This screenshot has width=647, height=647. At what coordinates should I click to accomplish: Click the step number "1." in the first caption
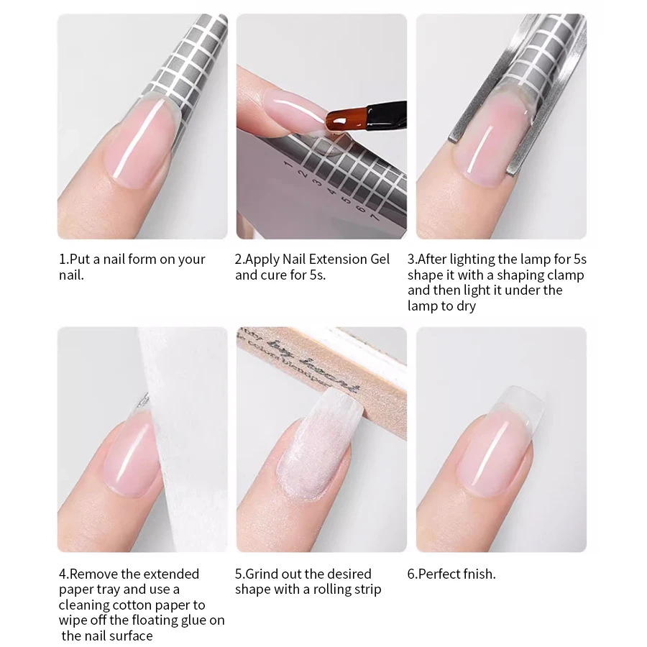tap(63, 260)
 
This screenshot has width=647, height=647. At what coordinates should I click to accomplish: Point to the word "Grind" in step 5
tap(262, 574)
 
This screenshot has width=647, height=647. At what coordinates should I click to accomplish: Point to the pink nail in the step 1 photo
tap(144, 140)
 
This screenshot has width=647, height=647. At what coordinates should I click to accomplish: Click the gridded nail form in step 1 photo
tap(191, 65)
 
